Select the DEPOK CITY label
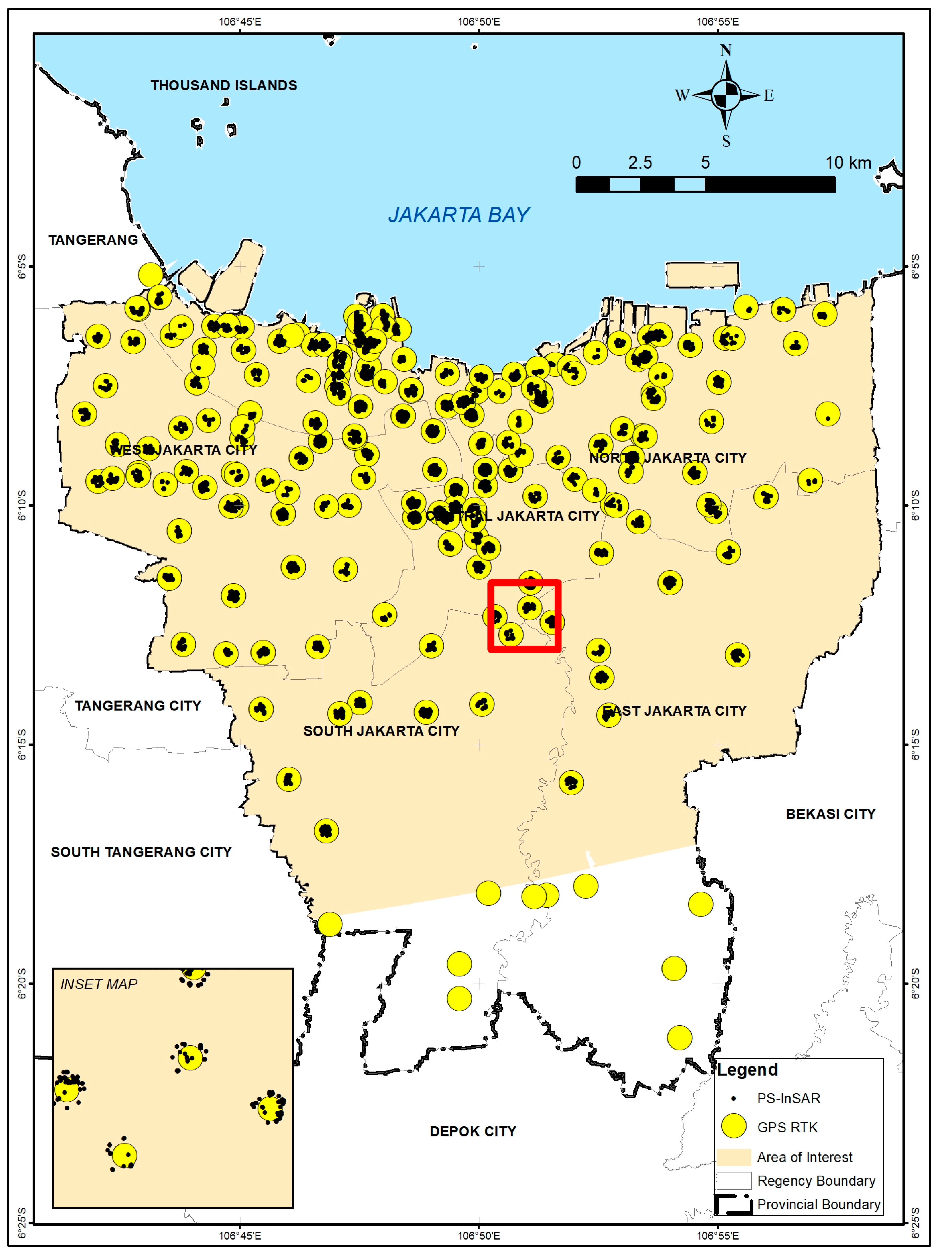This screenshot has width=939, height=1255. pyautogui.click(x=473, y=1131)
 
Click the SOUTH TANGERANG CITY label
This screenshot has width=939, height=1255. pyautogui.click(x=141, y=852)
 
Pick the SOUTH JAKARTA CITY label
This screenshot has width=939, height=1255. pyautogui.click(x=381, y=731)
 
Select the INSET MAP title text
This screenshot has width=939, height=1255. pyautogui.click(x=99, y=984)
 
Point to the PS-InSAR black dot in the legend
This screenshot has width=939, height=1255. pyautogui.click(x=733, y=1099)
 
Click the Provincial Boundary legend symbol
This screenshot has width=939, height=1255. pyautogui.click(x=733, y=1204)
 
